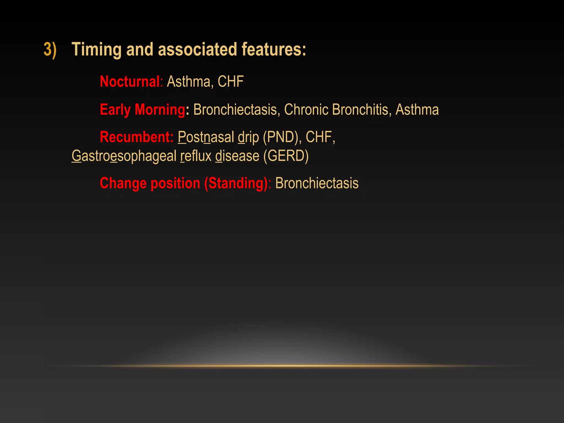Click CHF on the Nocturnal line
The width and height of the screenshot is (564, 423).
231,82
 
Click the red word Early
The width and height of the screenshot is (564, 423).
115,110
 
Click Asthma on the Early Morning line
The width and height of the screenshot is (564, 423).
417,110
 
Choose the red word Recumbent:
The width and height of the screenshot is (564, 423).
137,137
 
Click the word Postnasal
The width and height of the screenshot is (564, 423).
206,137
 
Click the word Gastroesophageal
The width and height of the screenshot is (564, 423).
124,156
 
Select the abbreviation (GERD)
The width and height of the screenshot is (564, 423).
286,156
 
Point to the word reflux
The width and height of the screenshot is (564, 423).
196,156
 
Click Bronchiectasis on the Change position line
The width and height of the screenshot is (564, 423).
317,183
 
